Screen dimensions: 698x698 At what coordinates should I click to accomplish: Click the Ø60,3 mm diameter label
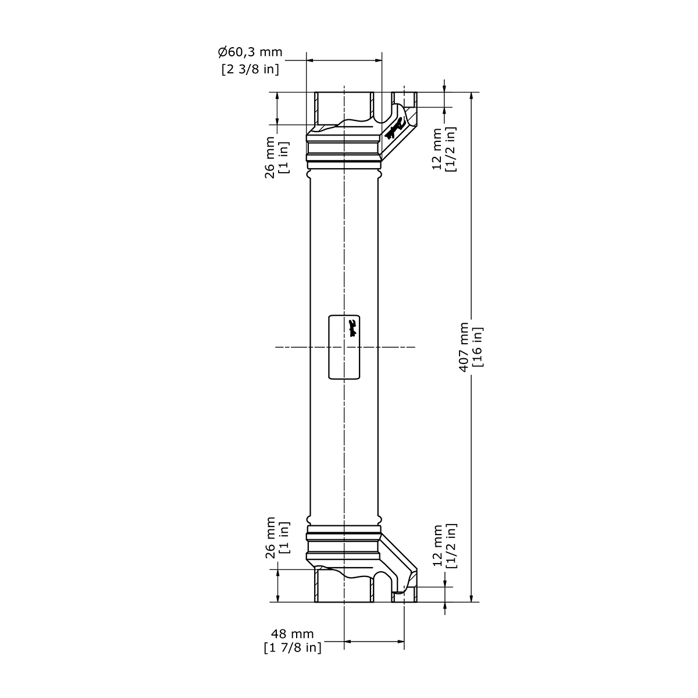click(x=250, y=52)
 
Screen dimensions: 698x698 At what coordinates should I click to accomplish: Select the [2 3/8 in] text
click(x=250, y=69)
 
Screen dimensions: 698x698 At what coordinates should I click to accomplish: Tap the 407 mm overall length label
click(x=464, y=347)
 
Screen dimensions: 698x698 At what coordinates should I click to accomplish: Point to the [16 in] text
click(x=478, y=347)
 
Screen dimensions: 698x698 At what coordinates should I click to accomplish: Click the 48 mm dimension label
click(x=292, y=633)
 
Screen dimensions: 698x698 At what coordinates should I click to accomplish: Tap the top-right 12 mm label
click(x=437, y=148)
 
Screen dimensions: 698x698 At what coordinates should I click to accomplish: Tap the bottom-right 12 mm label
click(x=437, y=546)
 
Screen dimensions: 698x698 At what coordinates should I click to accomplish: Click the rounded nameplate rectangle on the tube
click(x=344, y=347)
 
